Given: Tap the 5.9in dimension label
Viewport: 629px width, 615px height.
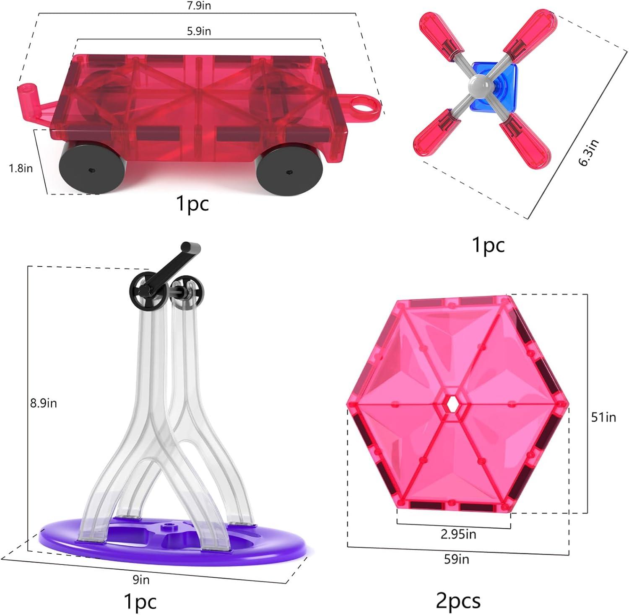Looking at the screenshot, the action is coord(199,31).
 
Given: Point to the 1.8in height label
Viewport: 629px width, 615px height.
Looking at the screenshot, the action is coord(21,168).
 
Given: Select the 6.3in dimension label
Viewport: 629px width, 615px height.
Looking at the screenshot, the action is coord(589,152).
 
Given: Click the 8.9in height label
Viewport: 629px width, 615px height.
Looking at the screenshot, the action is coord(43,403).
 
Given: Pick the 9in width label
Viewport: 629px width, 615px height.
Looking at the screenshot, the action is coord(141,580).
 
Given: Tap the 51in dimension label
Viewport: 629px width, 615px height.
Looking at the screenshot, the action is coord(603,417).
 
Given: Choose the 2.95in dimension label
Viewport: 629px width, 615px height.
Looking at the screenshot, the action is coord(458,534).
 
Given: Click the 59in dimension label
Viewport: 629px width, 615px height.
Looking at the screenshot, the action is coord(457,559).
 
